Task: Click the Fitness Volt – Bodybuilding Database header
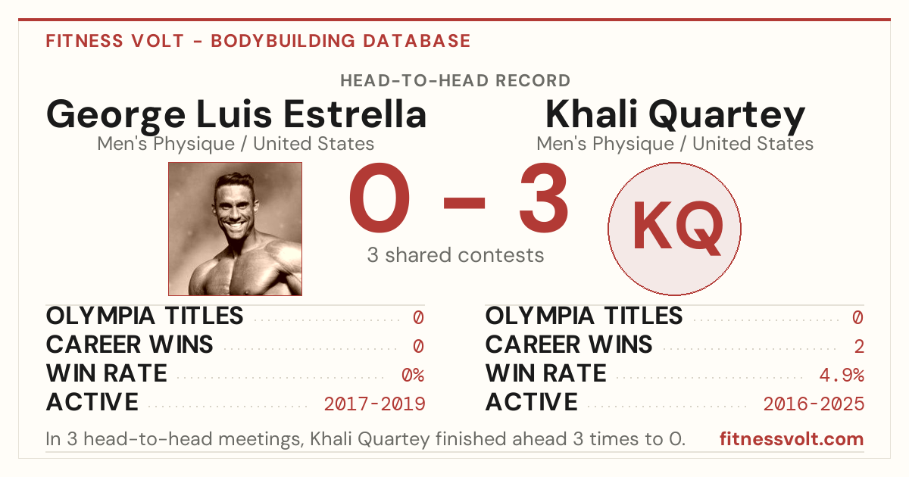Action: point(258,41)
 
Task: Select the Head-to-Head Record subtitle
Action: point(455,81)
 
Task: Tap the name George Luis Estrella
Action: point(236,115)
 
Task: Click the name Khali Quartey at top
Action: point(675,115)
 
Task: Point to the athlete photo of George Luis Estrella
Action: point(235,229)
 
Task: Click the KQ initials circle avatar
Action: point(674,229)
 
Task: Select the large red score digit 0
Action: point(380,198)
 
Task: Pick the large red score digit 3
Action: point(544,198)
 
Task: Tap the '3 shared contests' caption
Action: point(455,255)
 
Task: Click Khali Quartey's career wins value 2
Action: point(859,347)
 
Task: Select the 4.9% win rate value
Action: point(842,376)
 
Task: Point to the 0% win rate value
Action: point(413,376)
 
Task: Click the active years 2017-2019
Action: point(374,404)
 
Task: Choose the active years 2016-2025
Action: point(814,404)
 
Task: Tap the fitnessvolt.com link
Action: point(792,439)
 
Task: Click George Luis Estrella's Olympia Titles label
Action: point(145,316)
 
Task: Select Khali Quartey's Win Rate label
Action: point(546,373)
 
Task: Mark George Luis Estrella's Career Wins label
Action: point(130,344)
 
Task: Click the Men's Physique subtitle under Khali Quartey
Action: point(675,144)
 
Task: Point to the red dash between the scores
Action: point(464,203)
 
